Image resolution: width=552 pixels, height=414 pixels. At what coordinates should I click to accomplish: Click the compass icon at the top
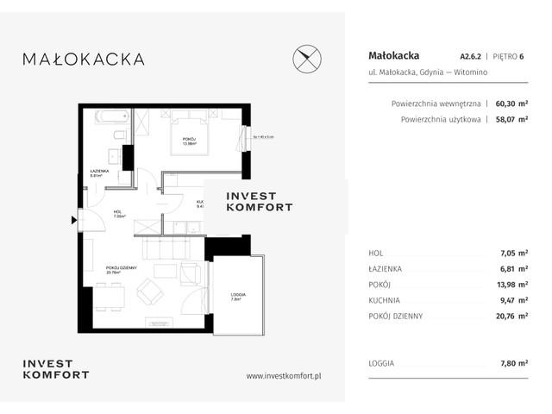[308, 59]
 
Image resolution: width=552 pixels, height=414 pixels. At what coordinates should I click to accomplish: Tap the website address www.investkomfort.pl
[284, 375]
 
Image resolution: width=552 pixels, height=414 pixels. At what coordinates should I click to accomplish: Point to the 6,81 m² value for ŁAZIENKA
[513, 269]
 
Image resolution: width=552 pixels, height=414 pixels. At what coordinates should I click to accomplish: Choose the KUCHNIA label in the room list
[384, 301]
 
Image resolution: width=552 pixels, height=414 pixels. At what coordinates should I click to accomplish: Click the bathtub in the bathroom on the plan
[105, 116]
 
